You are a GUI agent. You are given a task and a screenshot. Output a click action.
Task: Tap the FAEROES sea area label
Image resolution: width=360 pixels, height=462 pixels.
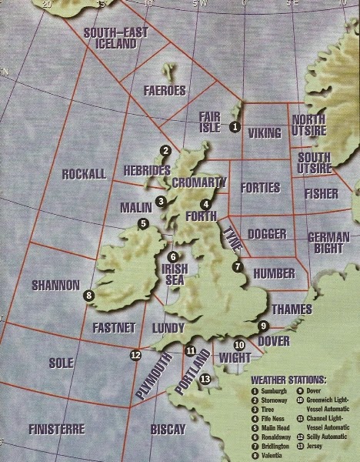click(x=165, y=90)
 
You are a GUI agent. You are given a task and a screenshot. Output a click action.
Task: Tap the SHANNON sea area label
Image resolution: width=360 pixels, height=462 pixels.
click(x=55, y=285)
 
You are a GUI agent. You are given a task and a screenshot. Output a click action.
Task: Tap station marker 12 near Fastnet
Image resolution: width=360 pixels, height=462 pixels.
click(x=136, y=355)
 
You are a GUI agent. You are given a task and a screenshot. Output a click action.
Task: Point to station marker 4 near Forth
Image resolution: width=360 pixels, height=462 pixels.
click(x=205, y=204)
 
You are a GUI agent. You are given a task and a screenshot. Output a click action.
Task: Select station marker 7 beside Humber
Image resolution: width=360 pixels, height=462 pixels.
click(x=238, y=266)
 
